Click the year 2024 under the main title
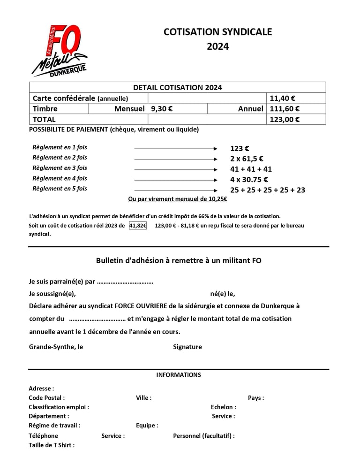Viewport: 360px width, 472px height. pos(217,46)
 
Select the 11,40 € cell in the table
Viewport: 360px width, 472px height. pos(282,99)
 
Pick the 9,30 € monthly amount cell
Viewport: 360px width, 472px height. pos(162,109)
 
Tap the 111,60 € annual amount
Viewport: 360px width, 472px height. pos(285,109)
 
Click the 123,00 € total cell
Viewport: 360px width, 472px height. pos(285,119)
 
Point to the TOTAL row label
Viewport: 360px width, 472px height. pos(44,119)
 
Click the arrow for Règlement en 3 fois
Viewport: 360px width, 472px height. pos(176,169)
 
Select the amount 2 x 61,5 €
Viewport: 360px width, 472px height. pos(247,159)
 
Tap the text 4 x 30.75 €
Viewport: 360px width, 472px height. pos(249,179)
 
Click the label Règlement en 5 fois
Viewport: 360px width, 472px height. pos(60,189)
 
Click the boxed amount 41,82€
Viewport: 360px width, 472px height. pos(138,226)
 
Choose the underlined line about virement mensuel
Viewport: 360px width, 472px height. pos(178,199)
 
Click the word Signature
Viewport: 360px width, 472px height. pos(187,347)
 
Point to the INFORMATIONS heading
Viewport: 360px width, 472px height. pos(179,375)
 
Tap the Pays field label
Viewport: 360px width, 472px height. pos(256,398)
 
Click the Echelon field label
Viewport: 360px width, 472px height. pos(224,407)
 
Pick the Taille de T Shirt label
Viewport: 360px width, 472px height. pos(52,445)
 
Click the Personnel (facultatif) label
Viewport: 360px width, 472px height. pos(204,436)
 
